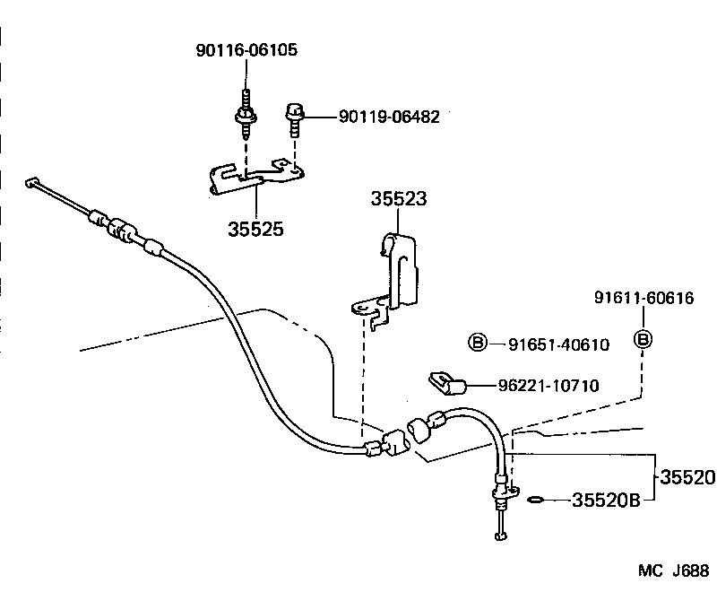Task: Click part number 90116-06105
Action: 246,51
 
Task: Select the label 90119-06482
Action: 389,118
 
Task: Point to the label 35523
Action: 399,200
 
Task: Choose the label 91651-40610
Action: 558,343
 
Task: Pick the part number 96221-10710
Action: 549,386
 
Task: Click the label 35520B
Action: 606,501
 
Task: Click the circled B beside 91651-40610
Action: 479,342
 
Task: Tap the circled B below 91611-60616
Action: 643,339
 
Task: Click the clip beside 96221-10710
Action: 447,384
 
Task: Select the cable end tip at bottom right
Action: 500,536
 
